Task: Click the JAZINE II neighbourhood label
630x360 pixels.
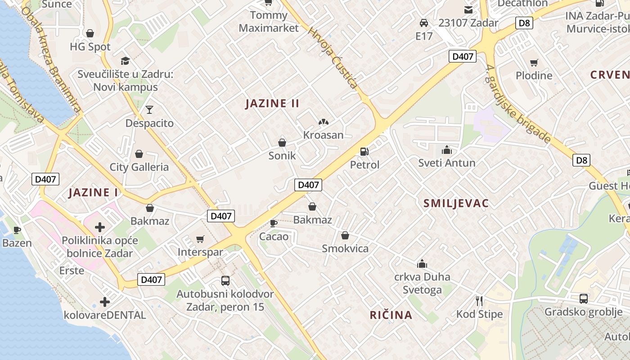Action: pos(272,103)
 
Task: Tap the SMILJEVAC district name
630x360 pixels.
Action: pos(456,203)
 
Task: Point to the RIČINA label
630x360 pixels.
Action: pos(391,315)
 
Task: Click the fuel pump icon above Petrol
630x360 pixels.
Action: pos(364,152)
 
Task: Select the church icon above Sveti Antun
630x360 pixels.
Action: pos(446,149)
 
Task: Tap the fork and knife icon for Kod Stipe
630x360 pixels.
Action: pos(479,301)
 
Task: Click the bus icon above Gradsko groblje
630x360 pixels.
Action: pos(583,298)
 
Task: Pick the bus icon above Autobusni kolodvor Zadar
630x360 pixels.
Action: pos(225,281)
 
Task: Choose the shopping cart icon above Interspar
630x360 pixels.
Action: pos(200,239)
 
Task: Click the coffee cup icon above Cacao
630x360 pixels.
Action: pos(273,223)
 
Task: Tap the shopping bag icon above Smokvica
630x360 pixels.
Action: pos(345,235)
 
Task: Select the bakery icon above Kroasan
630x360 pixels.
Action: pos(323,122)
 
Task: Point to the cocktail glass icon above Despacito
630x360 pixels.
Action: pos(149,109)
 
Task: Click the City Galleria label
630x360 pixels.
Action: pos(139,167)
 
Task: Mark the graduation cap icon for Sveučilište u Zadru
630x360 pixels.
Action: pos(125,61)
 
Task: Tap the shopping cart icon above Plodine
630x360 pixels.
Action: pos(534,63)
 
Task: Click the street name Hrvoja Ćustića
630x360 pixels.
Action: pos(333,58)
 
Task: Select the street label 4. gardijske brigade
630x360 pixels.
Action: pos(518,104)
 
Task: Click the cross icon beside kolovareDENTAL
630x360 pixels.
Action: pos(105,302)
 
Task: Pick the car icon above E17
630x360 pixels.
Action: pos(423,22)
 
